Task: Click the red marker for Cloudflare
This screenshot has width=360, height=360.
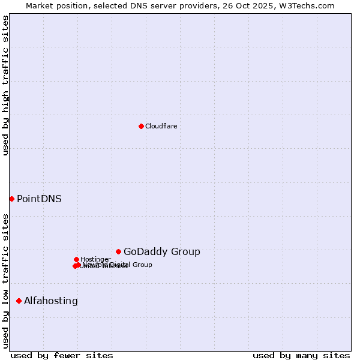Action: point(141,126)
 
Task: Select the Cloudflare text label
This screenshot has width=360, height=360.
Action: point(161,126)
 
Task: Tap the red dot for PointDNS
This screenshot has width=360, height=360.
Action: point(11,199)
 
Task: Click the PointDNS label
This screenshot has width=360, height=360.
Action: point(39,199)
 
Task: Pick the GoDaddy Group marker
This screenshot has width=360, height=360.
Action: point(118,251)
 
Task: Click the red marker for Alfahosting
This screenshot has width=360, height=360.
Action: point(19,301)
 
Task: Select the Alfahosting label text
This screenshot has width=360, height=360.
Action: point(51,301)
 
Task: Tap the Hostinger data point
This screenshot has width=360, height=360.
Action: point(76,259)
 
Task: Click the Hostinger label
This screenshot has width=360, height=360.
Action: point(95,259)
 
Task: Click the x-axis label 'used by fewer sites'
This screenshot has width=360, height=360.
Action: point(62,355)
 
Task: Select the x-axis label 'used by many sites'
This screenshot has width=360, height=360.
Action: point(301,355)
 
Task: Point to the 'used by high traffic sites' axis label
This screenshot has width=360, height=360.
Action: point(5,85)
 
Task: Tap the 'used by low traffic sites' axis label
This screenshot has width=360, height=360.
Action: point(5,281)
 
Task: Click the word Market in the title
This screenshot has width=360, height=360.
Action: point(40,5)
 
